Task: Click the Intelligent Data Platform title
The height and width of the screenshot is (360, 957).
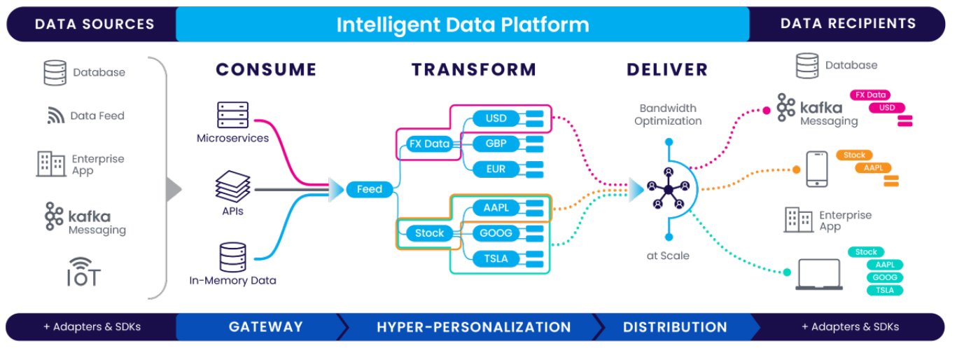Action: pos(462,25)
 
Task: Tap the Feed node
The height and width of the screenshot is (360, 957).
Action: pos(369,189)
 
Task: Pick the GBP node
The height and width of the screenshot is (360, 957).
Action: pos(495,144)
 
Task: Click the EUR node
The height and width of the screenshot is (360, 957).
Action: pos(495,169)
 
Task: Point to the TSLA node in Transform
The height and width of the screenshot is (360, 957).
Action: pos(495,258)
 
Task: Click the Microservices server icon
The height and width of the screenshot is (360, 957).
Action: pos(232,115)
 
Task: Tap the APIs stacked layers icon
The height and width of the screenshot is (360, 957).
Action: pos(232,187)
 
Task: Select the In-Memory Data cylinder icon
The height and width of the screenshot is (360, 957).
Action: pos(232,257)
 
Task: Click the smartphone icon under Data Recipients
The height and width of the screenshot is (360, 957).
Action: pos(816,169)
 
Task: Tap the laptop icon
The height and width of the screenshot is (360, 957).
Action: pos(818,275)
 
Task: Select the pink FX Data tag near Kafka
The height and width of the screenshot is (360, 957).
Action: pos(869,95)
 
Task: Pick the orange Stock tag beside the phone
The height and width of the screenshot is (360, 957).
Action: pos(854,155)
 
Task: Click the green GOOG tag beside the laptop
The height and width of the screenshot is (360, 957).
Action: pos(885,277)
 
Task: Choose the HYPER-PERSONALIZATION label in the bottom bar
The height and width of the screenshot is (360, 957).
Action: pos(473,327)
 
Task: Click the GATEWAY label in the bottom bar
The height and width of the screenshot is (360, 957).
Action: pos(265,327)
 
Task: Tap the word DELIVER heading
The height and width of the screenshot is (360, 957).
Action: pos(667,69)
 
